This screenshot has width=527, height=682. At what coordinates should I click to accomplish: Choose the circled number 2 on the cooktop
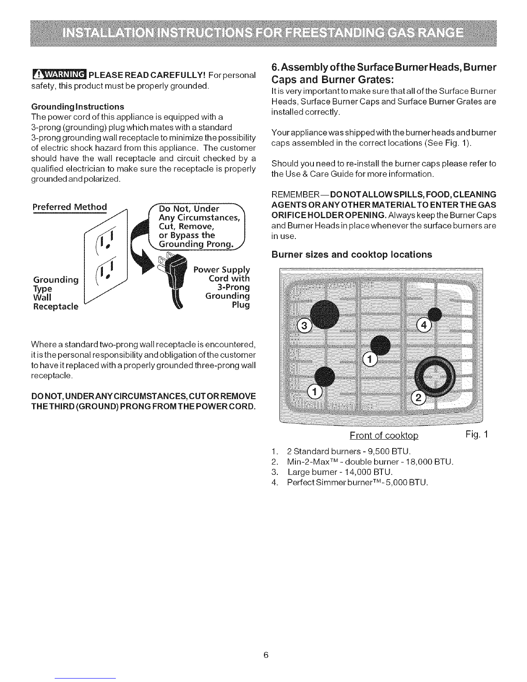pos(418,397)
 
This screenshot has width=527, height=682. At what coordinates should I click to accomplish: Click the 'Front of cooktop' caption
pos(384,435)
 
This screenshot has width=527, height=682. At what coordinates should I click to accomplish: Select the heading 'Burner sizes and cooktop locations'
pos(352,254)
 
